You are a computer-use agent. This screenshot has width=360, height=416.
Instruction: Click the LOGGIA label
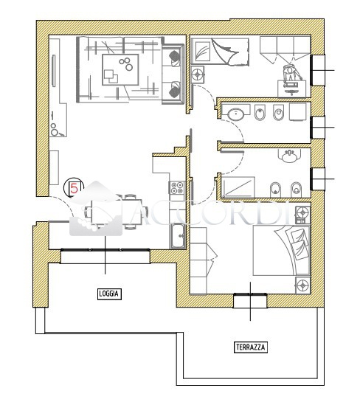(x=109, y=294)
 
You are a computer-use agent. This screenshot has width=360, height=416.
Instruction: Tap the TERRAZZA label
(x=250, y=347)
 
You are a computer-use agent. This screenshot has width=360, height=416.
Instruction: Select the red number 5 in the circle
(x=74, y=189)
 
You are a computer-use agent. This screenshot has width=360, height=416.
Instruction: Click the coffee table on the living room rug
(x=120, y=69)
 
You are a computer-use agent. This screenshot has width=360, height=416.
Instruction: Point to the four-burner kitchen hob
(x=177, y=187)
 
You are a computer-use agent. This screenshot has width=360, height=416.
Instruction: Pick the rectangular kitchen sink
(x=178, y=236)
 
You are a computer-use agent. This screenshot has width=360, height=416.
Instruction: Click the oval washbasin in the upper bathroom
(x=236, y=114)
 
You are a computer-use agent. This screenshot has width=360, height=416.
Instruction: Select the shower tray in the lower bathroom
(x=238, y=187)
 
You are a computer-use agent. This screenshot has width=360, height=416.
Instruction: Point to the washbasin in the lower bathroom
(x=290, y=156)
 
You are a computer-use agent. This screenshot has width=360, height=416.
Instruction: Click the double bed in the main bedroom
(x=281, y=250)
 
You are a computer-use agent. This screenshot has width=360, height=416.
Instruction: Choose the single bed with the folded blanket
(x=220, y=52)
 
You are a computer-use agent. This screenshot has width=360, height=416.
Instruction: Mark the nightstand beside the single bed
(x=198, y=74)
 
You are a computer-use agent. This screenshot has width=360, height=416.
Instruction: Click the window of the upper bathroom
(x=317, y=128)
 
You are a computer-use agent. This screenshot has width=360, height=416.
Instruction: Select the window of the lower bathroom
(x=317, y=178)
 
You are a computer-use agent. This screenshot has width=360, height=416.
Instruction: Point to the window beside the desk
(x=317, y=70)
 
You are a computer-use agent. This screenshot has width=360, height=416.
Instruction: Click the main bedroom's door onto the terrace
(x=250, y=301)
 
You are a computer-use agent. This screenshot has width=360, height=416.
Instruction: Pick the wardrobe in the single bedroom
(x=285, y=49)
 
